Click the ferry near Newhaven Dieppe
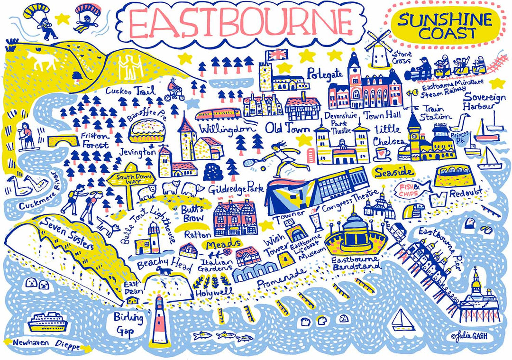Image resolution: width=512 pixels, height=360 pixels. (46, 323)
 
